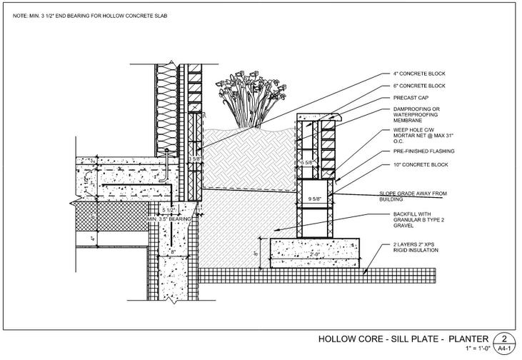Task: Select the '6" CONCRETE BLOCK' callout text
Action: click(419, 86)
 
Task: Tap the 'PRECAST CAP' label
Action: click(410, 98)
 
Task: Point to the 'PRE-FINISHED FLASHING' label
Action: click(424, 151)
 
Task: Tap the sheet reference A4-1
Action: click(505, 349)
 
